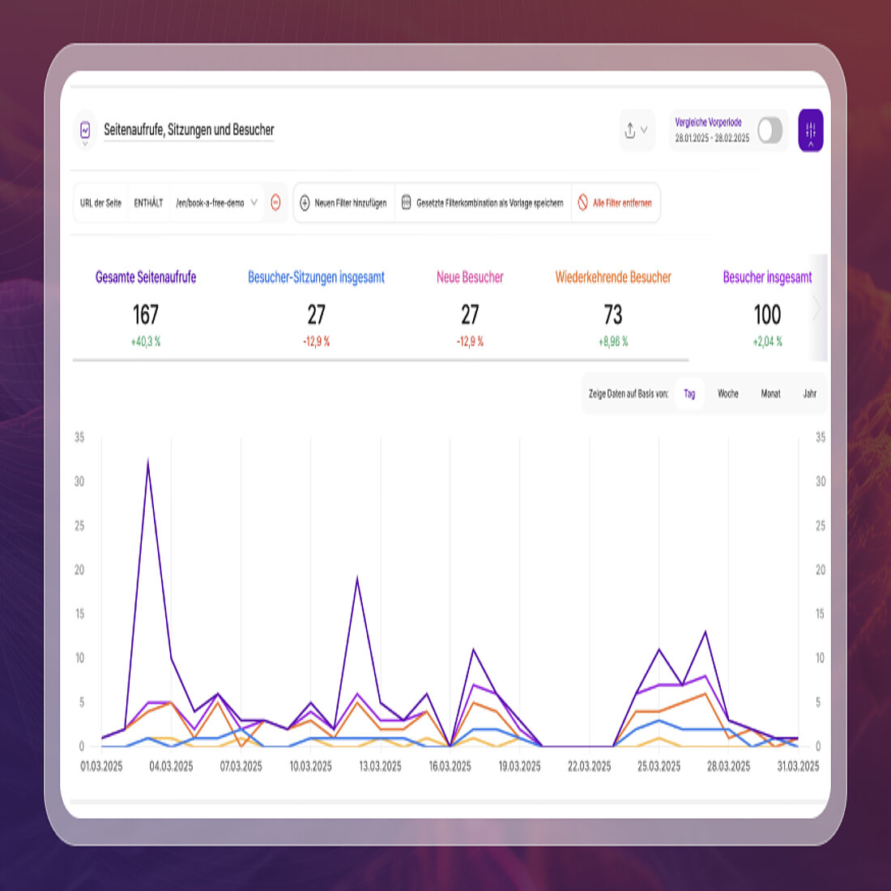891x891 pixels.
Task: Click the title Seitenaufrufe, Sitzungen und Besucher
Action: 189,130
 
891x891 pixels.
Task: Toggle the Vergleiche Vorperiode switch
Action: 769,130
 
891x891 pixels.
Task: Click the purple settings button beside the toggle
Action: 811,130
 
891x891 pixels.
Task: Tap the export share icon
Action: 631,130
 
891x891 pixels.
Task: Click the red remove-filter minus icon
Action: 275,202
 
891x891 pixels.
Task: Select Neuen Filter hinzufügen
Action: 343,202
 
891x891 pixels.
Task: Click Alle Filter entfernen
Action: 615,202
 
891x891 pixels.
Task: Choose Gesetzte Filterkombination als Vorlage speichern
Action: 483,202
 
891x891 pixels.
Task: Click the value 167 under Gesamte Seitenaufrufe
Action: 146,314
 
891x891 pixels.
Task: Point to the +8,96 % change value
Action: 613,342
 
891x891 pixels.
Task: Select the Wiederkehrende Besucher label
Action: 613,277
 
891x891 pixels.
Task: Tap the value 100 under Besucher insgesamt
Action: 767,314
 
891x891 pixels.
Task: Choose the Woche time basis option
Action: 727,394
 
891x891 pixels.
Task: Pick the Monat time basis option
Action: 770,394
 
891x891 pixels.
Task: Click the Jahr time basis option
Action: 809,394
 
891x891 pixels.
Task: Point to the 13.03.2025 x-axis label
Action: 380,766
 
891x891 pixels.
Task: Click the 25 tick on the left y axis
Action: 79,526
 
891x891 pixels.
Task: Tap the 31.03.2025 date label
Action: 798,766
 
